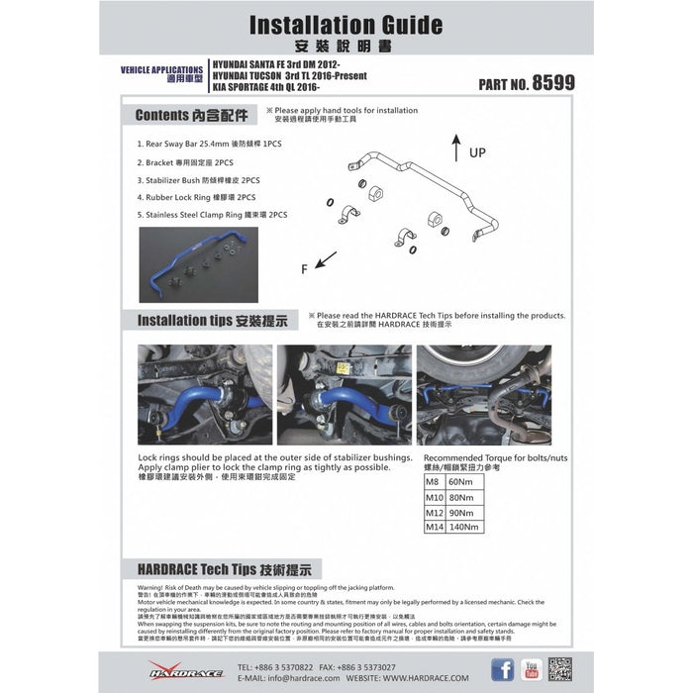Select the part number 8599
[x=552, y=84]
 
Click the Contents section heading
[x=192, y=115]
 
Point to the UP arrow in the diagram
[x=454, y=148]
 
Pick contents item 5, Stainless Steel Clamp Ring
[x=212, y=214]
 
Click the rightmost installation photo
[x=484, y=395]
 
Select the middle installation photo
[x=344, y=395]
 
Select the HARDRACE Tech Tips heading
[x=223, y=570]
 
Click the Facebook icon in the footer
[x=503, y=670]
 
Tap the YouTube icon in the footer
[x=531, y=670]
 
